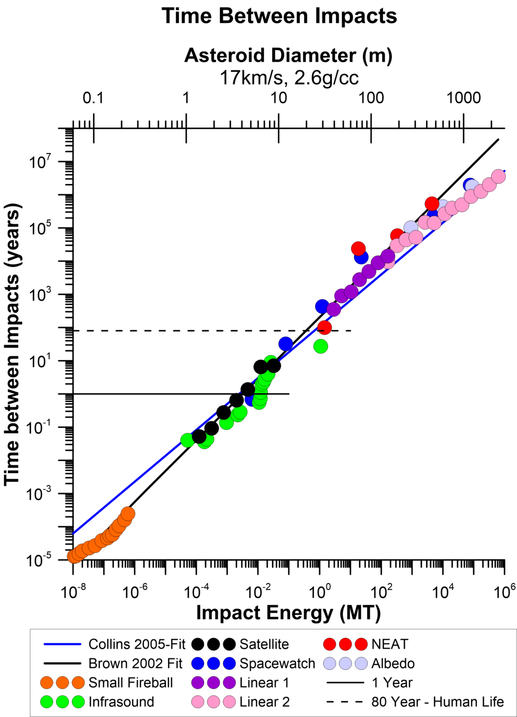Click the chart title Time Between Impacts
[x=279, y=16]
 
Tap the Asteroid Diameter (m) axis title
[x=288, y=55]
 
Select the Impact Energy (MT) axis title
[x=288, y=612]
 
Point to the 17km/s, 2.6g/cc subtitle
[x=289, y=77]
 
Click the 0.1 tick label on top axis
[x=93, y=98]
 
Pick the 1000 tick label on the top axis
[x=463, y=98]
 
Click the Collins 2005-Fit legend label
[x=137, y=644]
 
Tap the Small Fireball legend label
[x=131, y=682]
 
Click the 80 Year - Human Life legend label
[x=437, y=702]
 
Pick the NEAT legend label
[x=390, y=644]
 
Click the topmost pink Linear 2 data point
[x=498, y=176]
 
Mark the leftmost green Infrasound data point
[x=188, y=440]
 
